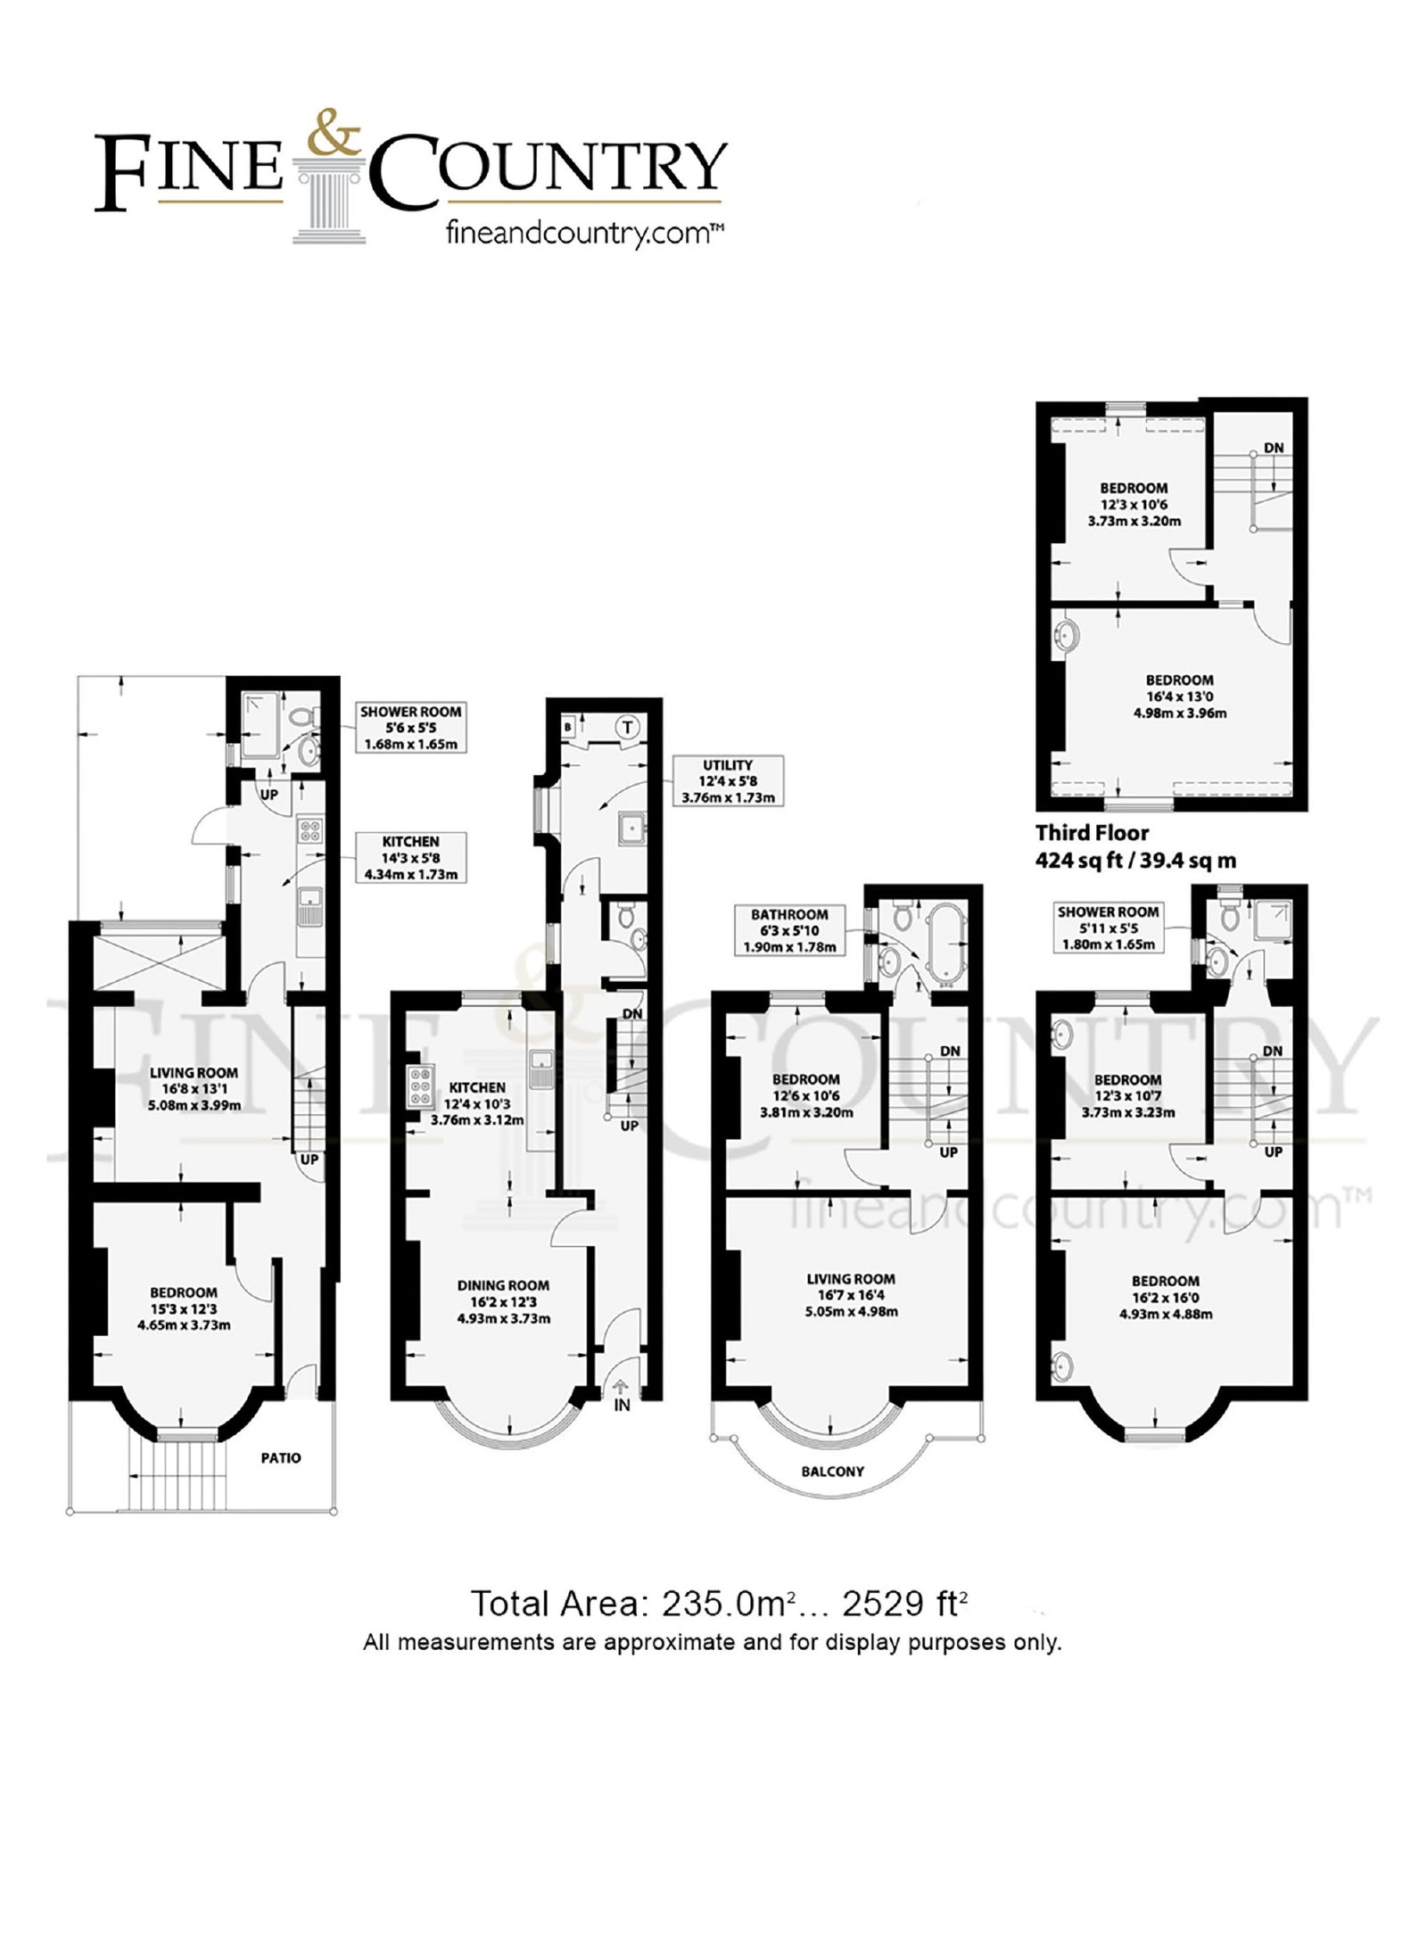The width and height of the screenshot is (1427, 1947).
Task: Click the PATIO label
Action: point(281,1457)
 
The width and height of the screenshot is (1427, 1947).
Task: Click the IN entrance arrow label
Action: point(622,1405)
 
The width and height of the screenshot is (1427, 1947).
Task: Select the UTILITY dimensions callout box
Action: point(728,780)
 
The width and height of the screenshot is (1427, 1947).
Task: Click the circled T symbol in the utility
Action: point(627,726)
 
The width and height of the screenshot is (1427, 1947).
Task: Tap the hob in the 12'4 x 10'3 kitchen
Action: point(417,1087)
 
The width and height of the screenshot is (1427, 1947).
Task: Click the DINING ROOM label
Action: point(503,1285)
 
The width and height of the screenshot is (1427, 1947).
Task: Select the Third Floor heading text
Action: point(1092,832)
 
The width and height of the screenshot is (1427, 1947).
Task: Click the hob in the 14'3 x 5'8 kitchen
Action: point(310,831)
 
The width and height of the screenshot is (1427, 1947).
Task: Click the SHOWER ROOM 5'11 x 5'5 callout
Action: point(1108,928)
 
